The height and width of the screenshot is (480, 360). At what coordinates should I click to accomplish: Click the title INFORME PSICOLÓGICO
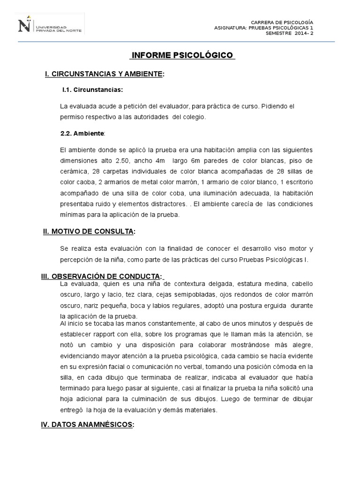click(182, 55)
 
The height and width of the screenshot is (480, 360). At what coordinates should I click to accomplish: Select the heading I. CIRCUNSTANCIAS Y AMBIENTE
click(104, 74)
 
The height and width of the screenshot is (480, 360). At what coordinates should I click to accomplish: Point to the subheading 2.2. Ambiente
click(83, 133)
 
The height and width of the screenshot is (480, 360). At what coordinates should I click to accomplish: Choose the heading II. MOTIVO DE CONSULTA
click(89, 231)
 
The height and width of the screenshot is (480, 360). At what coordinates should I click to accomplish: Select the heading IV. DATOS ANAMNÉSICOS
click(88, 425)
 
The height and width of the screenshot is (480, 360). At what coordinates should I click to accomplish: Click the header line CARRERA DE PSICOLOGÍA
click(282, 22)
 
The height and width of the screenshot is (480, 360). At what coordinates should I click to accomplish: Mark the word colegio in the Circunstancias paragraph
click(194, 117)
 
